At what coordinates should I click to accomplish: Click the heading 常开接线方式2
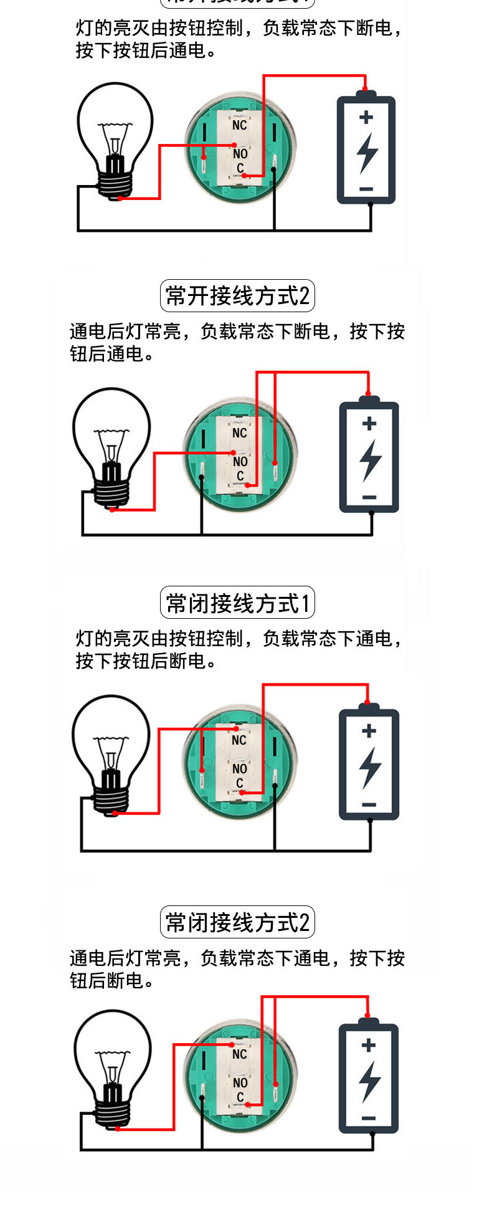(x=237, y=295)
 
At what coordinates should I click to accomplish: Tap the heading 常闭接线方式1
(x=237, y=603)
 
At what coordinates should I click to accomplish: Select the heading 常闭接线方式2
(x=237, y=922)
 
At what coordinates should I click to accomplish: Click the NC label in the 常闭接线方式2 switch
(x=240, y=1054)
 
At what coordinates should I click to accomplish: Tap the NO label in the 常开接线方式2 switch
(x=240, y=461)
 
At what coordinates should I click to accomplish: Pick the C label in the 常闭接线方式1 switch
(x=240, y=783)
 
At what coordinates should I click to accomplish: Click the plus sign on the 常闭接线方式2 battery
(x=369, y=1044)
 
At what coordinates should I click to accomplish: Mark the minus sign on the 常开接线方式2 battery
(x=369, y=497)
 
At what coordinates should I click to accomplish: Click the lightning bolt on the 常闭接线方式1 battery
(x=369, y=766)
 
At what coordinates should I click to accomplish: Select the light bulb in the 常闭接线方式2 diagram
(x=113, y=1067)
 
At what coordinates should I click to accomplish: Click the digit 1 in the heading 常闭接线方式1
(x=305, y=603)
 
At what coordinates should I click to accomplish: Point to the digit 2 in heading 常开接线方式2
(x=304, y=296)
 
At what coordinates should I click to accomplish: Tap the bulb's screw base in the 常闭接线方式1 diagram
(x=111, y=798)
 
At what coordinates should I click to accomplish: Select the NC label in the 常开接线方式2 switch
(x=240, y=432)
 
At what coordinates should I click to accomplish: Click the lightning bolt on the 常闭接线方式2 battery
(x=369, y=1081)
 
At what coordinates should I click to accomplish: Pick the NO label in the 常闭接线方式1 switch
(x=240, y=768)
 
